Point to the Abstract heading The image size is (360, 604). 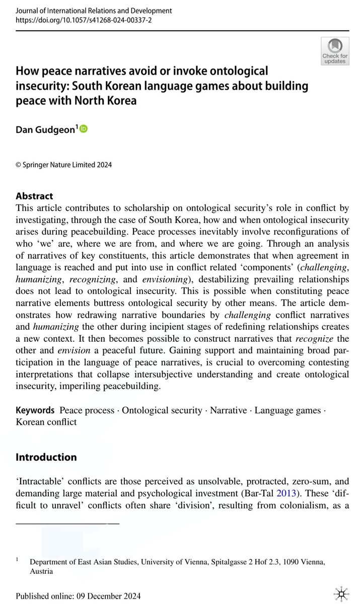pos(34,196)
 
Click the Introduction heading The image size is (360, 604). pos(46,457)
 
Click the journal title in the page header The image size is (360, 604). pos(94,10)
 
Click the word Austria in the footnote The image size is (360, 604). pos(41,571)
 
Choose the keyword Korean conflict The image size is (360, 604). pos(46,422)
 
